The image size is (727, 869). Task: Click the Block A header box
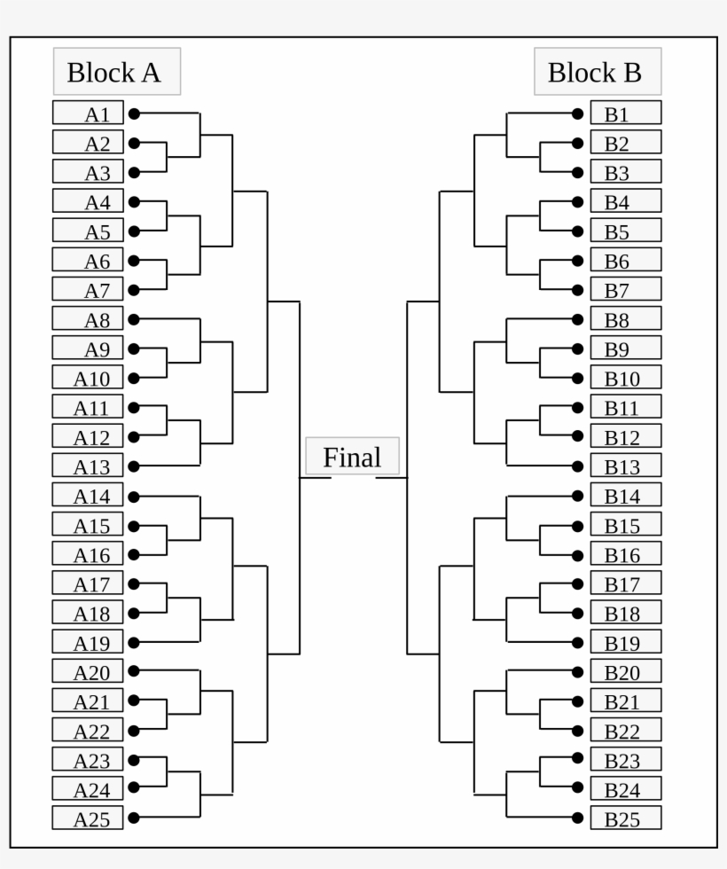pyautogui.click(x=116, y=72)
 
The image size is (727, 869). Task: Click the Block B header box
pyautogui.click(x=597, y=72)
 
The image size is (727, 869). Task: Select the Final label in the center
pyautogui.click(x=352, y=457)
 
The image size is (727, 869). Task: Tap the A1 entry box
pyautogui.click(x=88, y=114)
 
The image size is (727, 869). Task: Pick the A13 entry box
pyautogui.click(x=88, y=466)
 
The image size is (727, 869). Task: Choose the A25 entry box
pyautogui.click(x=88, y=818)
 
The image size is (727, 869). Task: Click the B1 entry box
pyautogui.click(x=626, y=114)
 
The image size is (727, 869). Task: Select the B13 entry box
pyautogui.click(x=626, y=466)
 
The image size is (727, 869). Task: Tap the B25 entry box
pyautogui.click(x=626, y=818)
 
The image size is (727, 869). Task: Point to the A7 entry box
pyautogui.click(x=88, y=289)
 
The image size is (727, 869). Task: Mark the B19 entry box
pyautogui.click(x=626, y=642)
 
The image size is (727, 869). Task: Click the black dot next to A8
pyautogui.click(x=134, y=319)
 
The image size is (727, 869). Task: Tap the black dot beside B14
pyautogui.click(x=578, y=496)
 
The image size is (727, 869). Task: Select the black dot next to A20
pyautogui.click(x=134, y=671)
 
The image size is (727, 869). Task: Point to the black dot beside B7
pyautogui.click(x=578, y=290)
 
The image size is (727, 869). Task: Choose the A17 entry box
pyautogui.click(x=88, y=583)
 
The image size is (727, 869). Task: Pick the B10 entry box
pyautogui.click(x=626, y=378)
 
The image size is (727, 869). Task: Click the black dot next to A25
pyautogui.click(x=134, y=818)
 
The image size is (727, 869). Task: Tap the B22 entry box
pyautogui.click(x=626, y=730)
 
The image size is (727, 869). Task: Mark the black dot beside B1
pyautogui.click(x=578, y=114)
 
